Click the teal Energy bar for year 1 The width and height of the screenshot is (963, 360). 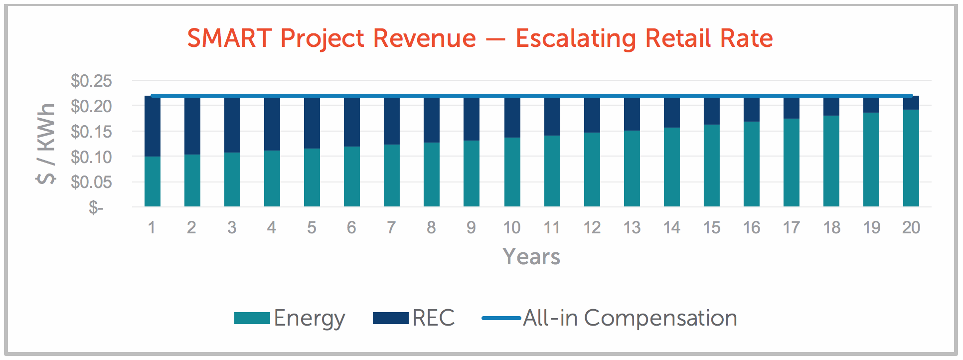(x=153, y=181)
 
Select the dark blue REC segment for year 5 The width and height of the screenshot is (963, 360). (x=312, y=122)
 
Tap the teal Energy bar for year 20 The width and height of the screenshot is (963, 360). (x=911, y=158)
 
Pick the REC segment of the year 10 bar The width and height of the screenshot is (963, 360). (x=512, y=117)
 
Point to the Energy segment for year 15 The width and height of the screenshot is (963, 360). (x=712, y=166)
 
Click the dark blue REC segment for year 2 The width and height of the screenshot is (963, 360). (x=192, y=125)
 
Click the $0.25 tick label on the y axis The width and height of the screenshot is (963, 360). (x=91, y=81)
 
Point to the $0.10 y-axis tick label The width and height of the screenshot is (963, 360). (x=91, y=157)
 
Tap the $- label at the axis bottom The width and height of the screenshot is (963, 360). (x=96, y=207)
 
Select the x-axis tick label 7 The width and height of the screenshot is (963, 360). (x=391, y=228)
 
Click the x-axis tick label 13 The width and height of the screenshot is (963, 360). (x=632, y=228)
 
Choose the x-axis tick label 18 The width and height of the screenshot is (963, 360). (x=831, y=228)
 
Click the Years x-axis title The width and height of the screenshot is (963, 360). (x=531, y=257)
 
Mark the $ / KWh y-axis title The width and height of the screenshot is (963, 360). (x=46, y=144)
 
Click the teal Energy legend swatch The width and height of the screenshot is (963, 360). (x=252, y=318)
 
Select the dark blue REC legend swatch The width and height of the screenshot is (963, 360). (x=391, y=318)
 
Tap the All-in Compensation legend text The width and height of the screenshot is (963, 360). (x=630, y=318)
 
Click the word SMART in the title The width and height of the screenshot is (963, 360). (x=230, y=38)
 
